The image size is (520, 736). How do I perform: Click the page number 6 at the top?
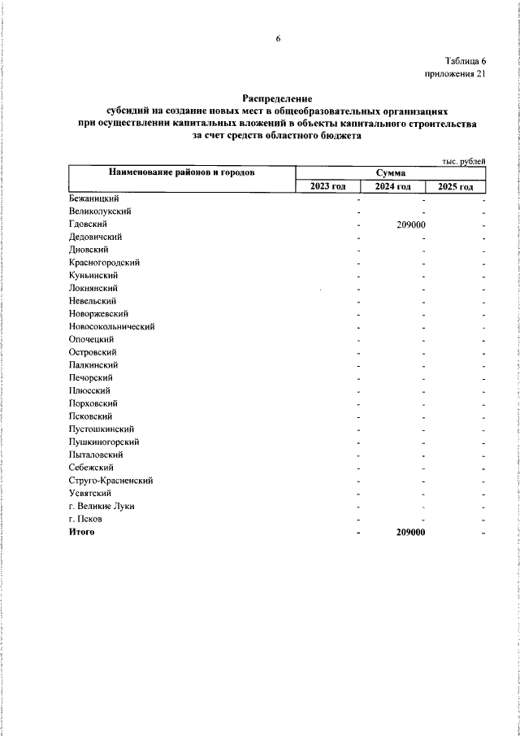pyautogui.click(x=277, y=38)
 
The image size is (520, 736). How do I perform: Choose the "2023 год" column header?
pyautogui.click(x=327, y=187)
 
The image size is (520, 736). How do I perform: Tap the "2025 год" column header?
pyautogui.click(x=455, y=187)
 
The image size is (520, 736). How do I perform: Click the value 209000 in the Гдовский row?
pyautogui.click(x=411, y=224)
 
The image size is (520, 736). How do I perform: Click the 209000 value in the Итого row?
pyautogui.click(x=411, y=532)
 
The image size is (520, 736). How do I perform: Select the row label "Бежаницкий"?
pyautogui.click(x=95, y=198)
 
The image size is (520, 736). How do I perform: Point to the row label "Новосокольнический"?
pyautogui.click(x=112, y=326)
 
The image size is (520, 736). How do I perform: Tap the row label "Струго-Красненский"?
pyautogui.click(x=111, y=481)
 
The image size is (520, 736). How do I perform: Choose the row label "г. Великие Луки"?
pyautogui.click(x=102, y=506)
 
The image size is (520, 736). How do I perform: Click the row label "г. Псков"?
pyautogui.click(x=88, y=519)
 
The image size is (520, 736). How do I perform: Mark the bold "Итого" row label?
pyautogui.click(x=82, y=532)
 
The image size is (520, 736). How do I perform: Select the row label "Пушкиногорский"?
pyautogui.click(x=104, y=442)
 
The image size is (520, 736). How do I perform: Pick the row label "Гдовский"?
pyautogui.click(x=89, y=224)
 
